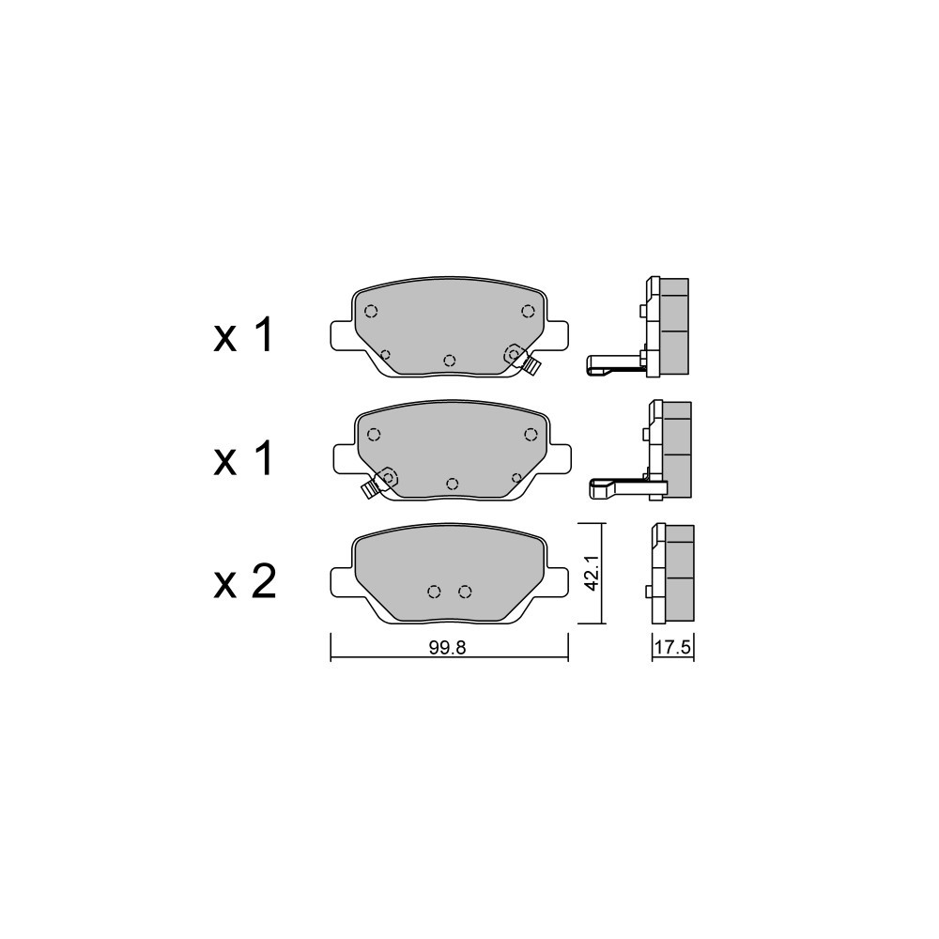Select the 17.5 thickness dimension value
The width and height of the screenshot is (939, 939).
(673, 647)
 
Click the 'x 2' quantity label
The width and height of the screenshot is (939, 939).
(244, 582)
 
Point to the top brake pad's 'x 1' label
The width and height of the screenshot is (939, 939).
(243, 335)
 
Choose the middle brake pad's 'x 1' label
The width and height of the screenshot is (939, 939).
(243, 459)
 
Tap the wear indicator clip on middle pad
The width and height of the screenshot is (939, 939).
(369, 490)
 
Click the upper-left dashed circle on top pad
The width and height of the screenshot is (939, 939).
(371, 311)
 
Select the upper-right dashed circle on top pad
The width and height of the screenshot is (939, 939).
(528, 311)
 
